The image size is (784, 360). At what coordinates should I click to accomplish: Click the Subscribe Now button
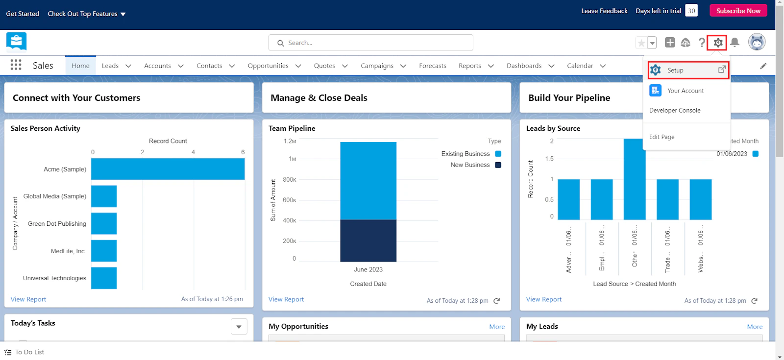(x=738, y=11)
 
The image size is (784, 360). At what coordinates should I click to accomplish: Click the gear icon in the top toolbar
(x=718, y=43)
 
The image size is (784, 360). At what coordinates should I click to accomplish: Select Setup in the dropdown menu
(x=675, y=70)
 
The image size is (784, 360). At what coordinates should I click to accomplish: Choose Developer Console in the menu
(x=675, y=110)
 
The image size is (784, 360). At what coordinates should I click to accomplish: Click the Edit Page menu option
(x=661, y=137)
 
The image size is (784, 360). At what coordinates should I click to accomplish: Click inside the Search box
(x=370, y=43)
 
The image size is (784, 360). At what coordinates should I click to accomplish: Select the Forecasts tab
(x=432, y=66)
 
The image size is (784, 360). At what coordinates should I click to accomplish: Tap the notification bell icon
(x=735, y=43)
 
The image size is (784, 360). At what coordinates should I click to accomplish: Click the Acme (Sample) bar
(x=168, y=169)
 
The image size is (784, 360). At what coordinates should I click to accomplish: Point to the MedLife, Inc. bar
(x=104, y=251)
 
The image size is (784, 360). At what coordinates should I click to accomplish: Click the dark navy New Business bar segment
(x=368, y=240)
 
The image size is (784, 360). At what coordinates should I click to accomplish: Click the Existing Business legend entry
(x=465, y=154)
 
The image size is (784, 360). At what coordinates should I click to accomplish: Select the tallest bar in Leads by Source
(x=634, y=179)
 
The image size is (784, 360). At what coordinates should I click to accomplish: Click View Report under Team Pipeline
(x=286, y=299)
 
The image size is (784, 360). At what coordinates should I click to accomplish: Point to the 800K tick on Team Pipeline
(x=290, y=180)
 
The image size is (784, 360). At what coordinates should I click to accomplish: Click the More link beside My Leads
(x=755, y=327)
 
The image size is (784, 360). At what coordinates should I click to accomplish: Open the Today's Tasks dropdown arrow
(x=239, y=327)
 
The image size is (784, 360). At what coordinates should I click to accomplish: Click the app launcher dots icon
(x=16, y=65)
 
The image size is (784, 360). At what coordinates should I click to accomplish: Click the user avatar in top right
(x=757, y=42)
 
